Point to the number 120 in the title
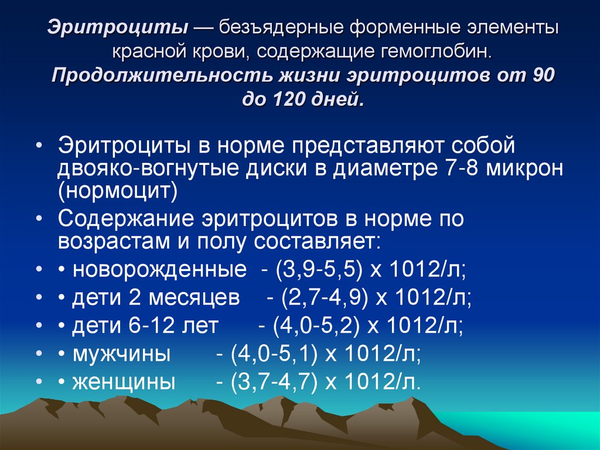(x=285, y=100)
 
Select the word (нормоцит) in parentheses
(x=117, y=190)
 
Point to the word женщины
(x=124, y=382)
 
